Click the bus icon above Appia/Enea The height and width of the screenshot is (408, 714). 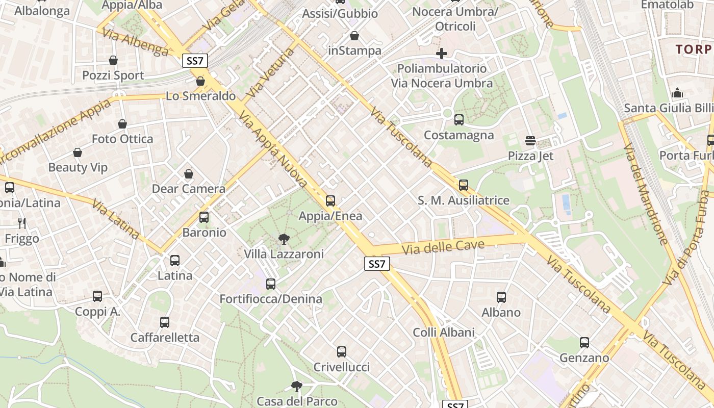pyautogui.click(x=330, y=201)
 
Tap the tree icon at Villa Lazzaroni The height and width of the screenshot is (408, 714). pyautogui.click(x=284, y=239)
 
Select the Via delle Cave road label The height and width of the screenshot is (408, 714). pyautogui.click(x=443, y=247)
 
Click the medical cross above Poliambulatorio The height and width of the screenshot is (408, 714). pyautogui.click(x=442, y=54)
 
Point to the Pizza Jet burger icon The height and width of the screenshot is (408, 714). pyautogui.click(x=530, y=141)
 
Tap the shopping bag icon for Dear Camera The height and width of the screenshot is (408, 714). pyautogui.click(x=189, y=174)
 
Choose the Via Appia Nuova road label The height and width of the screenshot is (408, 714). pyautogui.click(x=273, y=151)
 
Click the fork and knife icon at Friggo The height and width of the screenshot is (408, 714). pyautogui.click(x=21, y=223)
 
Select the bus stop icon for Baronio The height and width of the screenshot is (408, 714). pyautogui.click(x=204, y=217)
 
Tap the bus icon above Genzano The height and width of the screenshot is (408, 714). pyautogui.click(x=584, y=343)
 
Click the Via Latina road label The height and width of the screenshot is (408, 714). pyautogui.click(x=115, y=219)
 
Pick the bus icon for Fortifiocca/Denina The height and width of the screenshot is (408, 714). pyautogui.click(x=271, y=284)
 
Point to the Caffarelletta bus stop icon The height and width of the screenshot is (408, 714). pyautogui.click(x=165, y=322)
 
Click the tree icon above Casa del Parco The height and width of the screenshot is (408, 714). pyautogui.click(x=296, y=386)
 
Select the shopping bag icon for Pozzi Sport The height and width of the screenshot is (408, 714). pyautogui.click(x=113, y=61)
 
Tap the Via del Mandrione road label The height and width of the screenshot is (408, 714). pyautogui.click(x=645, y=194)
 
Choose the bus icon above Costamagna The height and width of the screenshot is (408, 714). pyautogui.click(x=459, y=120)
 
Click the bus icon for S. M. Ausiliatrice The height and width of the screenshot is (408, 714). pyautogui.click(x=464, y=185)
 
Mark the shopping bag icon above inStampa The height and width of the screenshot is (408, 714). pyautogui.click(x=354, y=36)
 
